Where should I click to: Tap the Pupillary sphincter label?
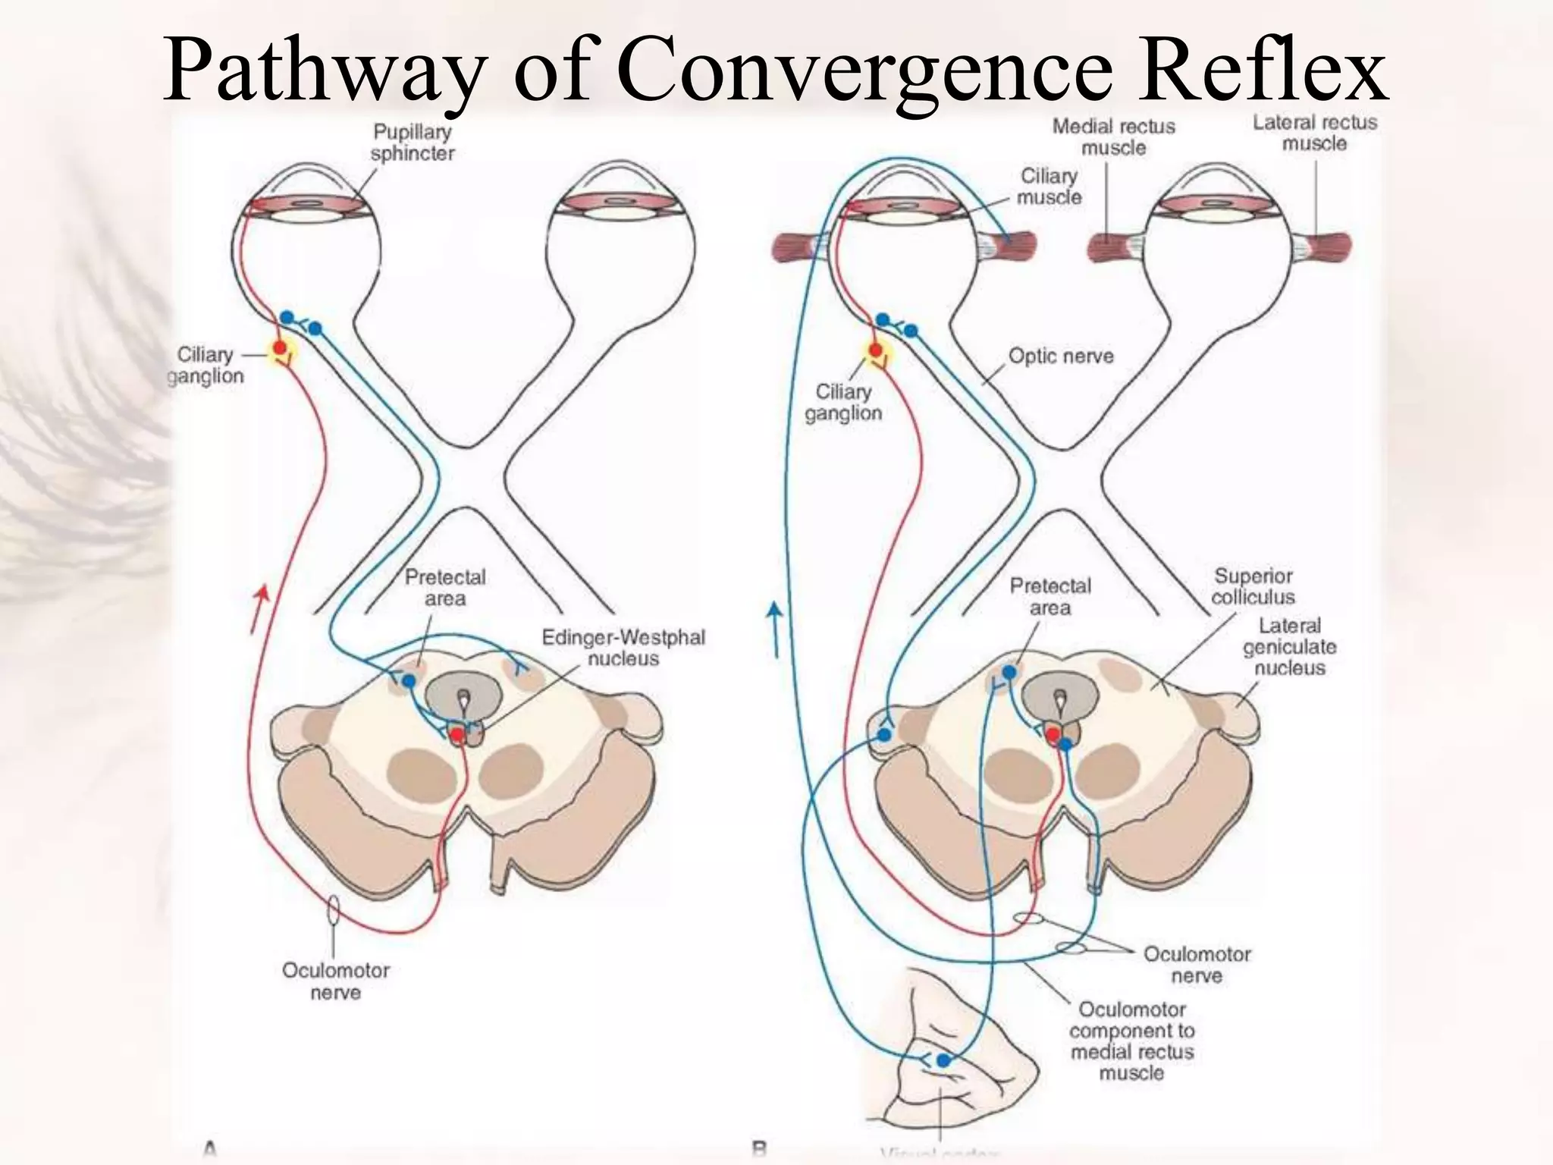[x=412, y=143]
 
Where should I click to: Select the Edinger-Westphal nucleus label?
[x=623, y=647]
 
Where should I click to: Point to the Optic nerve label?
[x=1060, y=356]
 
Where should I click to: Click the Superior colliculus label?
[x=1253, y=586]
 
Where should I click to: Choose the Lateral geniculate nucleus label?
[x=1289, y=646]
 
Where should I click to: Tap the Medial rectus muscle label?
[x=1112, y=137]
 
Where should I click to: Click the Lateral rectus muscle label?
[x=1314, y=133]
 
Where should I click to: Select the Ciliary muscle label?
[x=1049, y=187]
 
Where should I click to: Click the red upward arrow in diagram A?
[x=260, y=607]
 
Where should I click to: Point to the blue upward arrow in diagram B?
[x=774, y=629]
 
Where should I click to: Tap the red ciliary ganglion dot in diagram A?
[x=280, y=347]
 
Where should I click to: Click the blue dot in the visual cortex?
[x=943, y=1060]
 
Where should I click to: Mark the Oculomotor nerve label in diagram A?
[x=335, y=981]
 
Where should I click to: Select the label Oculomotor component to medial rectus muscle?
[x=1131, y=1041]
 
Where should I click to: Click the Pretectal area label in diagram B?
[x=1050, y=596]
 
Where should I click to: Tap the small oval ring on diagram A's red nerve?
[x=334, y=909]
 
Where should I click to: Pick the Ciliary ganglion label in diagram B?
[x=843, y=402]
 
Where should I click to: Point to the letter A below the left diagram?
[x=210, y=1150]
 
